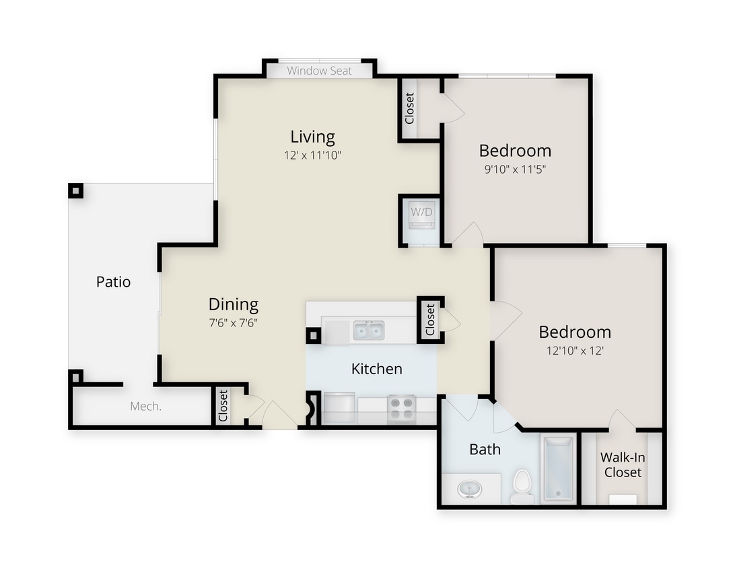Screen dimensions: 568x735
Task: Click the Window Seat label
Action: point(319,71)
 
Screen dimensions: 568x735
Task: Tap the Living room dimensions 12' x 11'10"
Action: point(312,155)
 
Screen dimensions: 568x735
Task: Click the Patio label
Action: point(113,282)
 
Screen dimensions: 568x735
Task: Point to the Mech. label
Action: point(145,406)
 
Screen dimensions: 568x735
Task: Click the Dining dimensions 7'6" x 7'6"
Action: point(233,322)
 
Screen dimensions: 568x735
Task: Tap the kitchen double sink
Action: point(368,330)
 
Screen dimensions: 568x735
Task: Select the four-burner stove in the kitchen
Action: point(402,407)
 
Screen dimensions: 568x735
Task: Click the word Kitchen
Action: point(377,369)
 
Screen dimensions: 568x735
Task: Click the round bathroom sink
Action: point(468,489)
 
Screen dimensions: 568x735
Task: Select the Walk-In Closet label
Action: point(623,465)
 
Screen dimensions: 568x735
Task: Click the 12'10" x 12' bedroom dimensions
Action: point(575,350)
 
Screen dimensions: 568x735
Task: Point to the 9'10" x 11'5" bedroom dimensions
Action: point(515,169)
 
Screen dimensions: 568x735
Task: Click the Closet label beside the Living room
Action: point(409,108)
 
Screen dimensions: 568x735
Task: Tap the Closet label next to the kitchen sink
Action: point(430,320)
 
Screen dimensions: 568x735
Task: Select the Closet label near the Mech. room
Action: point(223,405)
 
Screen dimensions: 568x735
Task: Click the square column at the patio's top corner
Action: point(75,190)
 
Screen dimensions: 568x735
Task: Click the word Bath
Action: point(485,449)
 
